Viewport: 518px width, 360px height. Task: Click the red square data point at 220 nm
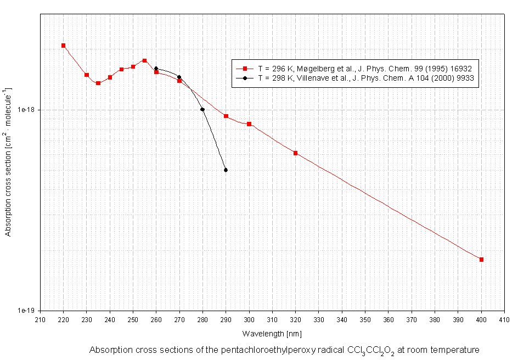tap(64, 46)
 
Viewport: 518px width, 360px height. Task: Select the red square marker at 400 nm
tap(481, 260)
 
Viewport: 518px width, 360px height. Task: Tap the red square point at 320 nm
tap(295, 153)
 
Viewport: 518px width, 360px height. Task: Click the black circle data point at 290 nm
tap(226, 170)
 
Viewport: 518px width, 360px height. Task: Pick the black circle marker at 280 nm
tap(202, 110)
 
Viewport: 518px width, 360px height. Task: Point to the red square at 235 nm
tap(98, 83)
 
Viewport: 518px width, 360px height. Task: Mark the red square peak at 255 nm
tap(144, 60)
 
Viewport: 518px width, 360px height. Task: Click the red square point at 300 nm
tap(249, 124)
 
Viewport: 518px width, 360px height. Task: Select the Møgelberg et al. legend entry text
tap(365, 69)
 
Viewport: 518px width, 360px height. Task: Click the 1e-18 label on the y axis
tap(27, 110)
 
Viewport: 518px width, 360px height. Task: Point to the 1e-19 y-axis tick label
tap(27, 311)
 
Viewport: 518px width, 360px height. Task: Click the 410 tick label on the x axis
tap(504, 320)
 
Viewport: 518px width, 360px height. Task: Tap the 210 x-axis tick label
tap(40, 320)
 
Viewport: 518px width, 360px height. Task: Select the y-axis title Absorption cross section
tap(8, 162)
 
